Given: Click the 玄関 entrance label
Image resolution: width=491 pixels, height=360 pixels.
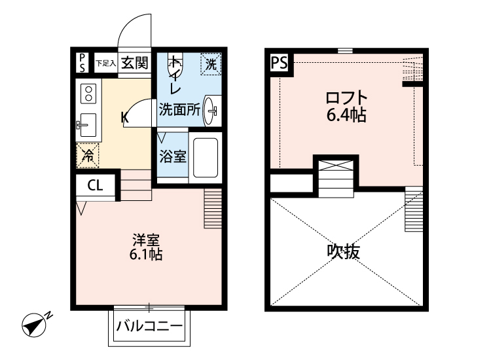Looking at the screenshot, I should tap(134, 63).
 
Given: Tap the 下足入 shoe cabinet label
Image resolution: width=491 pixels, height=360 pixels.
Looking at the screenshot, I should tap(105, 63).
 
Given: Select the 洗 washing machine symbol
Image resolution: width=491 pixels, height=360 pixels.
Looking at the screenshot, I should tap(211, 64).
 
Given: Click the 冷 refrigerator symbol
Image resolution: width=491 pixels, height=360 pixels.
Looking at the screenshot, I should tap(87, 155).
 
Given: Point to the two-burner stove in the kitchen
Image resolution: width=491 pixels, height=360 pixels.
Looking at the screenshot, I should tap(87, 93).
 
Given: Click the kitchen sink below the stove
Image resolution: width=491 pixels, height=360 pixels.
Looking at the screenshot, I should tap(86, 122).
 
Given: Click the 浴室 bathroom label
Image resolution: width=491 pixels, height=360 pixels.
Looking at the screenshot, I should tap(173, 157).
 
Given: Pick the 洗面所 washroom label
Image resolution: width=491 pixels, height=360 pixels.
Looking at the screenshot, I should tap(179, 110).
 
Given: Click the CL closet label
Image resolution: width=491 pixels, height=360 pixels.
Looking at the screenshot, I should tap(95, 186).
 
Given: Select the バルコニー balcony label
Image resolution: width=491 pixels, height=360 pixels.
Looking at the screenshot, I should tap(149, 325).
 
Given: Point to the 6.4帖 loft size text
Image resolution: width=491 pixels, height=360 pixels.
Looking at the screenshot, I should tap(346, 116).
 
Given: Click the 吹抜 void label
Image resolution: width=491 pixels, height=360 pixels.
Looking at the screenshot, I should tap(344, 252).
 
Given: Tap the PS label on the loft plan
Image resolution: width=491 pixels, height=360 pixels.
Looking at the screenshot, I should tap(279, 63).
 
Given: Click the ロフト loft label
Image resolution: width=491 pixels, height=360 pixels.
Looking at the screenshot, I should tap(346, 99).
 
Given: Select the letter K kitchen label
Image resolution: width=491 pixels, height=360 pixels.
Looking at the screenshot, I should tap(124, 118).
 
